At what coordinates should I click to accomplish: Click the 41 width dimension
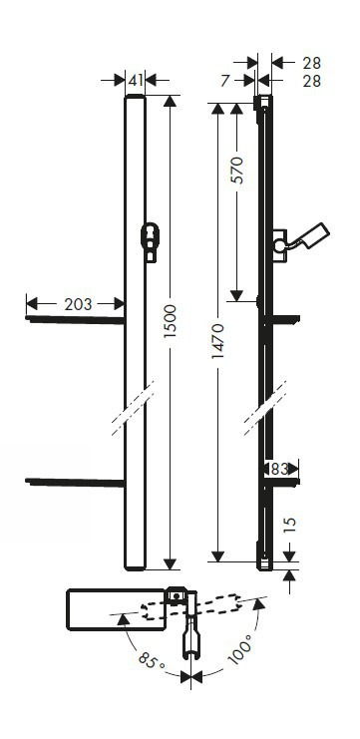pyautogui.click(x=136, y=81)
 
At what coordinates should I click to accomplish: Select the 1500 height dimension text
pyautogui.click(x=170, y=320)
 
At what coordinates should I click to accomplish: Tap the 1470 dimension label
pyautogui.click(x=217, y=341)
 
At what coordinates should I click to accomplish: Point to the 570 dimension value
pyautogui.click(x=238, y=170)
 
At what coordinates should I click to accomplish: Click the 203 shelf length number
pyautogui.click(x=78, y=304)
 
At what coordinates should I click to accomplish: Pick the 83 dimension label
pyautogui.click(x=279, y=469)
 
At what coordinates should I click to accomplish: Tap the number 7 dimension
pyautogui.click(x=225, y=81)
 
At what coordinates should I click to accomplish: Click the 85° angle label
pyautogui.click(x=151, y=660)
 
